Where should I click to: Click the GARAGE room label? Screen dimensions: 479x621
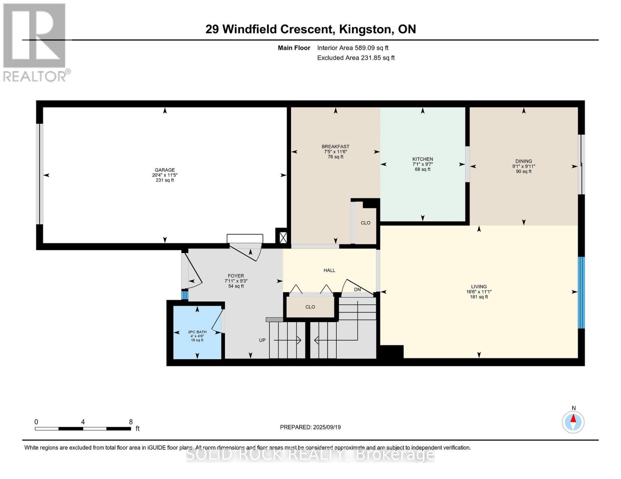pos(164,170)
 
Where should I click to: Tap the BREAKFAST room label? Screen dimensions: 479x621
pos(335,146)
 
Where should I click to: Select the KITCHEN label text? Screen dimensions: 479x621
pos(422,159)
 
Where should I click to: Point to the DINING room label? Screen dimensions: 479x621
pos(523,161)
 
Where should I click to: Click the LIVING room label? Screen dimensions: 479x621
pos(479,287)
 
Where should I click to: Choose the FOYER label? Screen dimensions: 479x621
pos(236,276)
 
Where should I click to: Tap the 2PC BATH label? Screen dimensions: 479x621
pos(197,332)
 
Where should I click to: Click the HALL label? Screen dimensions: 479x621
pos(329,271)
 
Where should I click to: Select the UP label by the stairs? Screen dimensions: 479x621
pos(262,340)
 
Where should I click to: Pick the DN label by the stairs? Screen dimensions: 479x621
pos(357,289)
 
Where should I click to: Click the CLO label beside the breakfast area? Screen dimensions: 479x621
pos(365,223)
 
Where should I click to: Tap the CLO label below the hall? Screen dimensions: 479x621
pos(310,307)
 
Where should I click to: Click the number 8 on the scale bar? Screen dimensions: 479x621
pos(131,422)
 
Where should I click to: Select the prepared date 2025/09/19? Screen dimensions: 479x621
pos(327,427)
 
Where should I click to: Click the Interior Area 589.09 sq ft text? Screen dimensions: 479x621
pos(353,48)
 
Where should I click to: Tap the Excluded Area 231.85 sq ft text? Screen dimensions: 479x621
pos(355,58)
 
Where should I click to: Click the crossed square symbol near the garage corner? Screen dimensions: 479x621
pos(283,238)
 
